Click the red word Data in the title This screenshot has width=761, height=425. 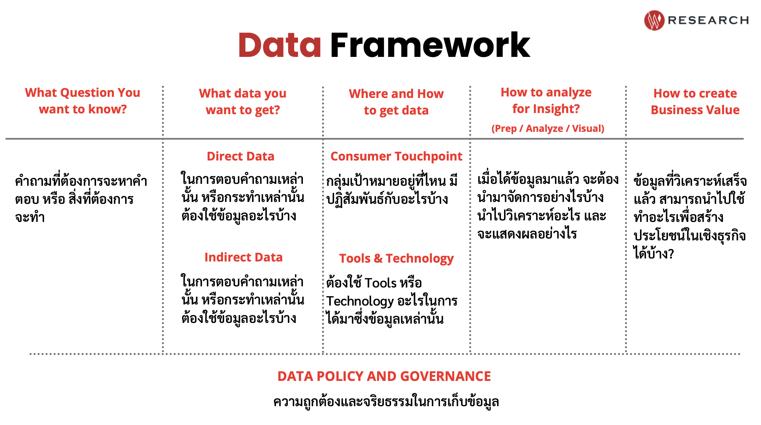pos(280,45)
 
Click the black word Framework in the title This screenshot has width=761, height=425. pos(430,45)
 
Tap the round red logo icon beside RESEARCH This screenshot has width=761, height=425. pos(654,20)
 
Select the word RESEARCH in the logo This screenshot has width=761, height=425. pos(708,20)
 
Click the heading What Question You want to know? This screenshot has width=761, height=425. pos(83,101)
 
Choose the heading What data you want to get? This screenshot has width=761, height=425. pos(243,101)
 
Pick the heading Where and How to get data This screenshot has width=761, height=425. pos(396,102)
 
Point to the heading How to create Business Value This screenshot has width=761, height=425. pos(695,101)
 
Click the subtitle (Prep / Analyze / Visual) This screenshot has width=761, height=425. pos(548,128)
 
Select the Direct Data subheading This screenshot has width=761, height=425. pos(240,156)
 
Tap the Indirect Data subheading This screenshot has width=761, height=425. pos(243,257)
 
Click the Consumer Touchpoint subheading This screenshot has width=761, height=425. pos(396,156)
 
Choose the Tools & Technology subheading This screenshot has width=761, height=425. pos(396,258)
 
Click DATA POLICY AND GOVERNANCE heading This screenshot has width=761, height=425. pos(384,376)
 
